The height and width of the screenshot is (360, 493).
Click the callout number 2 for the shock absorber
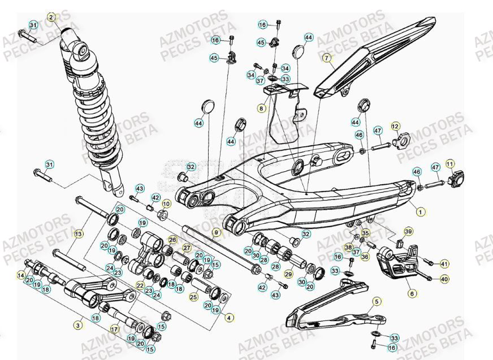pos(51,18)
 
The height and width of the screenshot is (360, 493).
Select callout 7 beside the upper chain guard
pos(326,58)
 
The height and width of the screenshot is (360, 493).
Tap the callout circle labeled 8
pos(261,107)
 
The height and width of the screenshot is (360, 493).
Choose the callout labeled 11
pos(450,163)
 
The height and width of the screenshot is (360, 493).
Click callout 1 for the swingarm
pos(420,211)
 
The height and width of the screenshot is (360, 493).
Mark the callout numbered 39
pos(408,232)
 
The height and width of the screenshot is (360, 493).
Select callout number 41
pos(444,263)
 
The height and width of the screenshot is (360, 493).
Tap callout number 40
pos(444,279)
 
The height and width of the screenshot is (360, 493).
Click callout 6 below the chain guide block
pos(412,293)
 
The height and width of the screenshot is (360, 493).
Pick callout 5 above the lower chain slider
pos(377,302)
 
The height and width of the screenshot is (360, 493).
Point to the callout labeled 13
pos(79,233)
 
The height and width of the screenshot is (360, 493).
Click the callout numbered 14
pos(21,276)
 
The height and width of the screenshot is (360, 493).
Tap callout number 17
pos(114,327)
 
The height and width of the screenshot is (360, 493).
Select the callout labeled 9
pos(216,232)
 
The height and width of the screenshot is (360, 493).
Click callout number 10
pos(166,203)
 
